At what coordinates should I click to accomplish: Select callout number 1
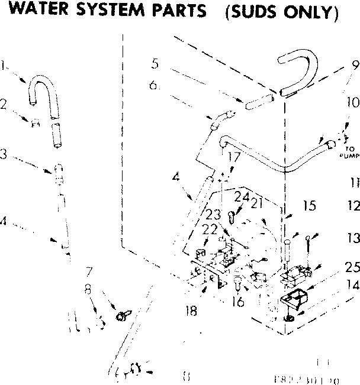(x=5, y=67)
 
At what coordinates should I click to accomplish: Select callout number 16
(x=239, y=302)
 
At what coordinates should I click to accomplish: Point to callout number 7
(x=88, y=273)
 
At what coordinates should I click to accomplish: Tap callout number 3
(x=4, y=155)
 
